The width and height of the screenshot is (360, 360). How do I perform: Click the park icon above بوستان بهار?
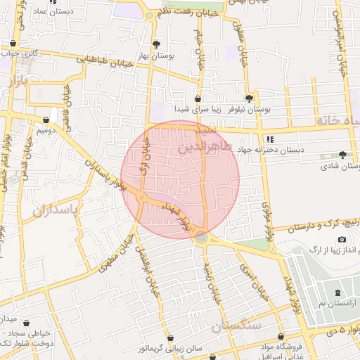pos(156,43)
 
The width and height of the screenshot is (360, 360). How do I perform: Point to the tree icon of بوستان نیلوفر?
pos(248,99)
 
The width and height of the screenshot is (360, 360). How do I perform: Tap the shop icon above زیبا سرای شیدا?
pos(198,99)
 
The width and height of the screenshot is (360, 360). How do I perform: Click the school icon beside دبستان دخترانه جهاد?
pos(270,139)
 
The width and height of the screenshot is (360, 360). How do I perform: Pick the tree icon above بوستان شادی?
pos(342,155)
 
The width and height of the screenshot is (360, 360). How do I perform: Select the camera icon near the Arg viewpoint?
pos(342,240)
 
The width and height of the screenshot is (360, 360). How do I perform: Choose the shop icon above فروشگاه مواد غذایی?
pos(281,337)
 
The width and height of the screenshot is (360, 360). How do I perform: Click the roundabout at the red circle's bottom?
pos(202,238)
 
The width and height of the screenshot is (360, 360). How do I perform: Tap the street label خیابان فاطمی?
pos(68,102)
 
